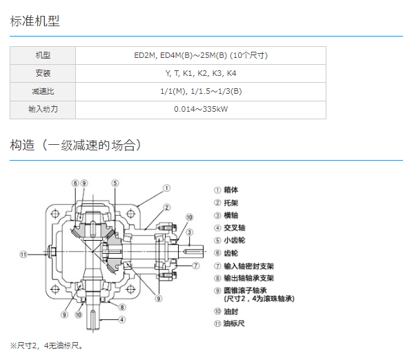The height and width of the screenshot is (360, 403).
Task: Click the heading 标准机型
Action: tap(35, 21)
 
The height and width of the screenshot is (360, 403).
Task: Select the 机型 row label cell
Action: tap(43, 55)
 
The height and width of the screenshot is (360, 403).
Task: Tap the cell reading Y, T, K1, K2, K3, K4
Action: tap(201, 73)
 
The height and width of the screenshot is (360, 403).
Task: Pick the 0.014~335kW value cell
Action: tap(201, 110)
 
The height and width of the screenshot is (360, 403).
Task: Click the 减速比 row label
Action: tap(43, 92)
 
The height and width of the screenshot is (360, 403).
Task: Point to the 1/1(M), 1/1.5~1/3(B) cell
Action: tap(201, 92)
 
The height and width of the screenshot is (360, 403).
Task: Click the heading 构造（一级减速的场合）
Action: tap(76, 145)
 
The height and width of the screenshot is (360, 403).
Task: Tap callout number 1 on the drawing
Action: tap(166, 188)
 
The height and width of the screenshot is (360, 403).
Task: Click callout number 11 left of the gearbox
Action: tap(23, 254)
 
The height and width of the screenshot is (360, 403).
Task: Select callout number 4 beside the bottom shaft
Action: tap(122, 320)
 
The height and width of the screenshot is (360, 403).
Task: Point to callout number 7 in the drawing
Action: tap(196, 266)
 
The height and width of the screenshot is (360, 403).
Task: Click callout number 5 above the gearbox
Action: tap(115, 183)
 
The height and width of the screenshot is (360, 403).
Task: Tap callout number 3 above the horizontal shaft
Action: tap(189, 232)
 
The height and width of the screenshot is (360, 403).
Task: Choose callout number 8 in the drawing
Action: tap(122, 307)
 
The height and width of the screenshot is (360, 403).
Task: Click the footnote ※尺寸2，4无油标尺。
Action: tap(46, 346)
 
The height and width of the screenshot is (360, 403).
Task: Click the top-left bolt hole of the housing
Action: tap(55, 214)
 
